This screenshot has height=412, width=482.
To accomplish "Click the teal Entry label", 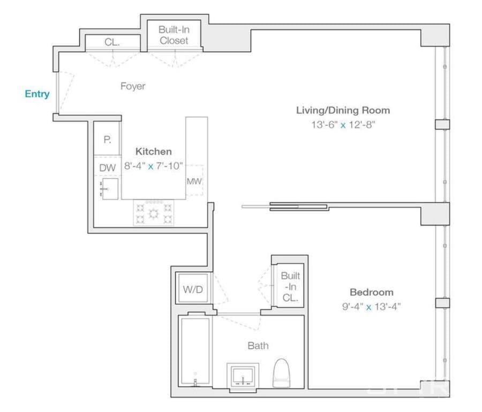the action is [x=37, y=94].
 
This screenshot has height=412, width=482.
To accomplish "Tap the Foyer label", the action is [x=133, y=86].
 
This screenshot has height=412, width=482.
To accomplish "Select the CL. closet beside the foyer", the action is [x=112, y=42].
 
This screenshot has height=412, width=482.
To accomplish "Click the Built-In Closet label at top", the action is [x=174, y=35].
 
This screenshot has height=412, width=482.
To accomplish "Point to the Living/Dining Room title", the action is [x=343, y=110].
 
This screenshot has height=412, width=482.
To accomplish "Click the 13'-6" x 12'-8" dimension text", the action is [x=343, y=125].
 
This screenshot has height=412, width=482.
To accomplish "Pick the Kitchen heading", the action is [x=153, y=151].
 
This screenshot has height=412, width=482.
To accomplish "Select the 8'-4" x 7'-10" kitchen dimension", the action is [x=153, y=166].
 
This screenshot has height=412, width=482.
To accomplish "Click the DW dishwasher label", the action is [x=108, y=167].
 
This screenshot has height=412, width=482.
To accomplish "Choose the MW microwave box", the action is [x=194, y=180].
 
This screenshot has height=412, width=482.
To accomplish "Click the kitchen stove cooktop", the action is [x=154, y=212].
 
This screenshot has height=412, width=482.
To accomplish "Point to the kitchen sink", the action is [x=109, y=189].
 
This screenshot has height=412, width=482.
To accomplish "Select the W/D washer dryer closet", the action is [x=193, y=288].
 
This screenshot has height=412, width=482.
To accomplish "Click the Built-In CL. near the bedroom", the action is [x=290, y=286].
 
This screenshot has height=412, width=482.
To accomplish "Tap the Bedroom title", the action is [x=372, y=292].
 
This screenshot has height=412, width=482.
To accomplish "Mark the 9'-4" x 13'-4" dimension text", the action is [x=372, y=307].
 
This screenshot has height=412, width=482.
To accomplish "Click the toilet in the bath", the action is [x=282, y=373].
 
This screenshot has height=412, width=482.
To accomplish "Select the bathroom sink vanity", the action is [x=243, y=376].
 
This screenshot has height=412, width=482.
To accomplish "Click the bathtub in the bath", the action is [x=195, y=351].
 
